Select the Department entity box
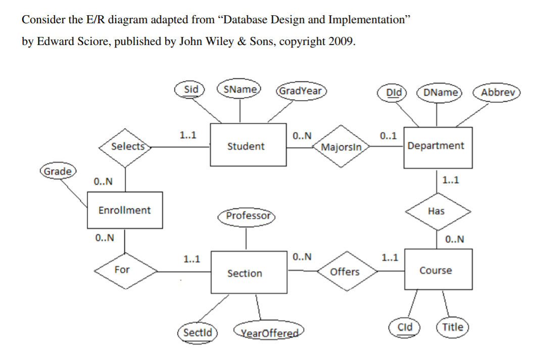pyautogui.click(x=438, y=147)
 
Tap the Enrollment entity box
pyautogui.click(x=124, y=210)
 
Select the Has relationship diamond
pyautogui.click(x=436, y=211)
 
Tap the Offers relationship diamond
pyautogui.click(x=345, y=272)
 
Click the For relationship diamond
pyautogui.click(x=122, y=270)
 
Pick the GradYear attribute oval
pyautogui.click(x=301, y=91)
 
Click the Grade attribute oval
pyautogui.click(x=58, y=171)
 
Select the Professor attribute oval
pyautogui.click(x=248, y=216)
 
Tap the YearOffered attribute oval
pyautogui.click(x=270, y=333)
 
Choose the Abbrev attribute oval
pyautogui.click(x=497, y=93)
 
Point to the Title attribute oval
pyautogui.click(x=453, y=327)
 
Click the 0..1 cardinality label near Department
pyautogui.click(x=388, y=136)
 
